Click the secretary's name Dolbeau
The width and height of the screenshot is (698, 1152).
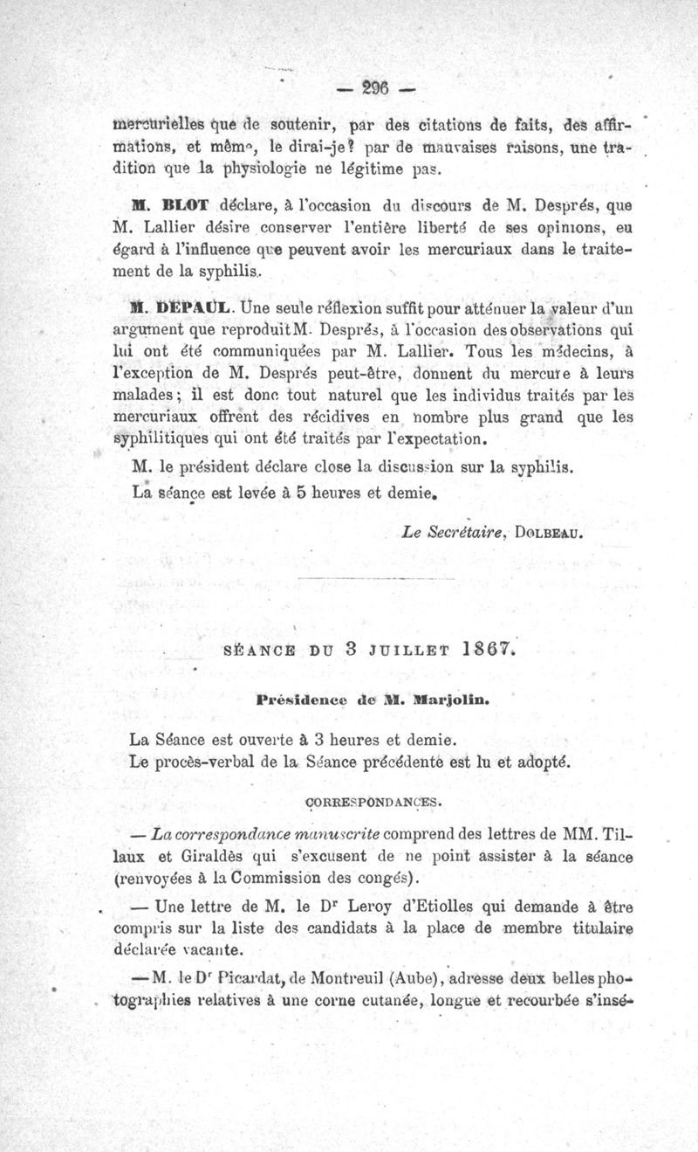click(557, 530)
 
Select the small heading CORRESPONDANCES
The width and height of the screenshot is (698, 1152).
click(376, 799)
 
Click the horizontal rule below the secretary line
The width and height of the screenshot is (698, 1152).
click(375, 576)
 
